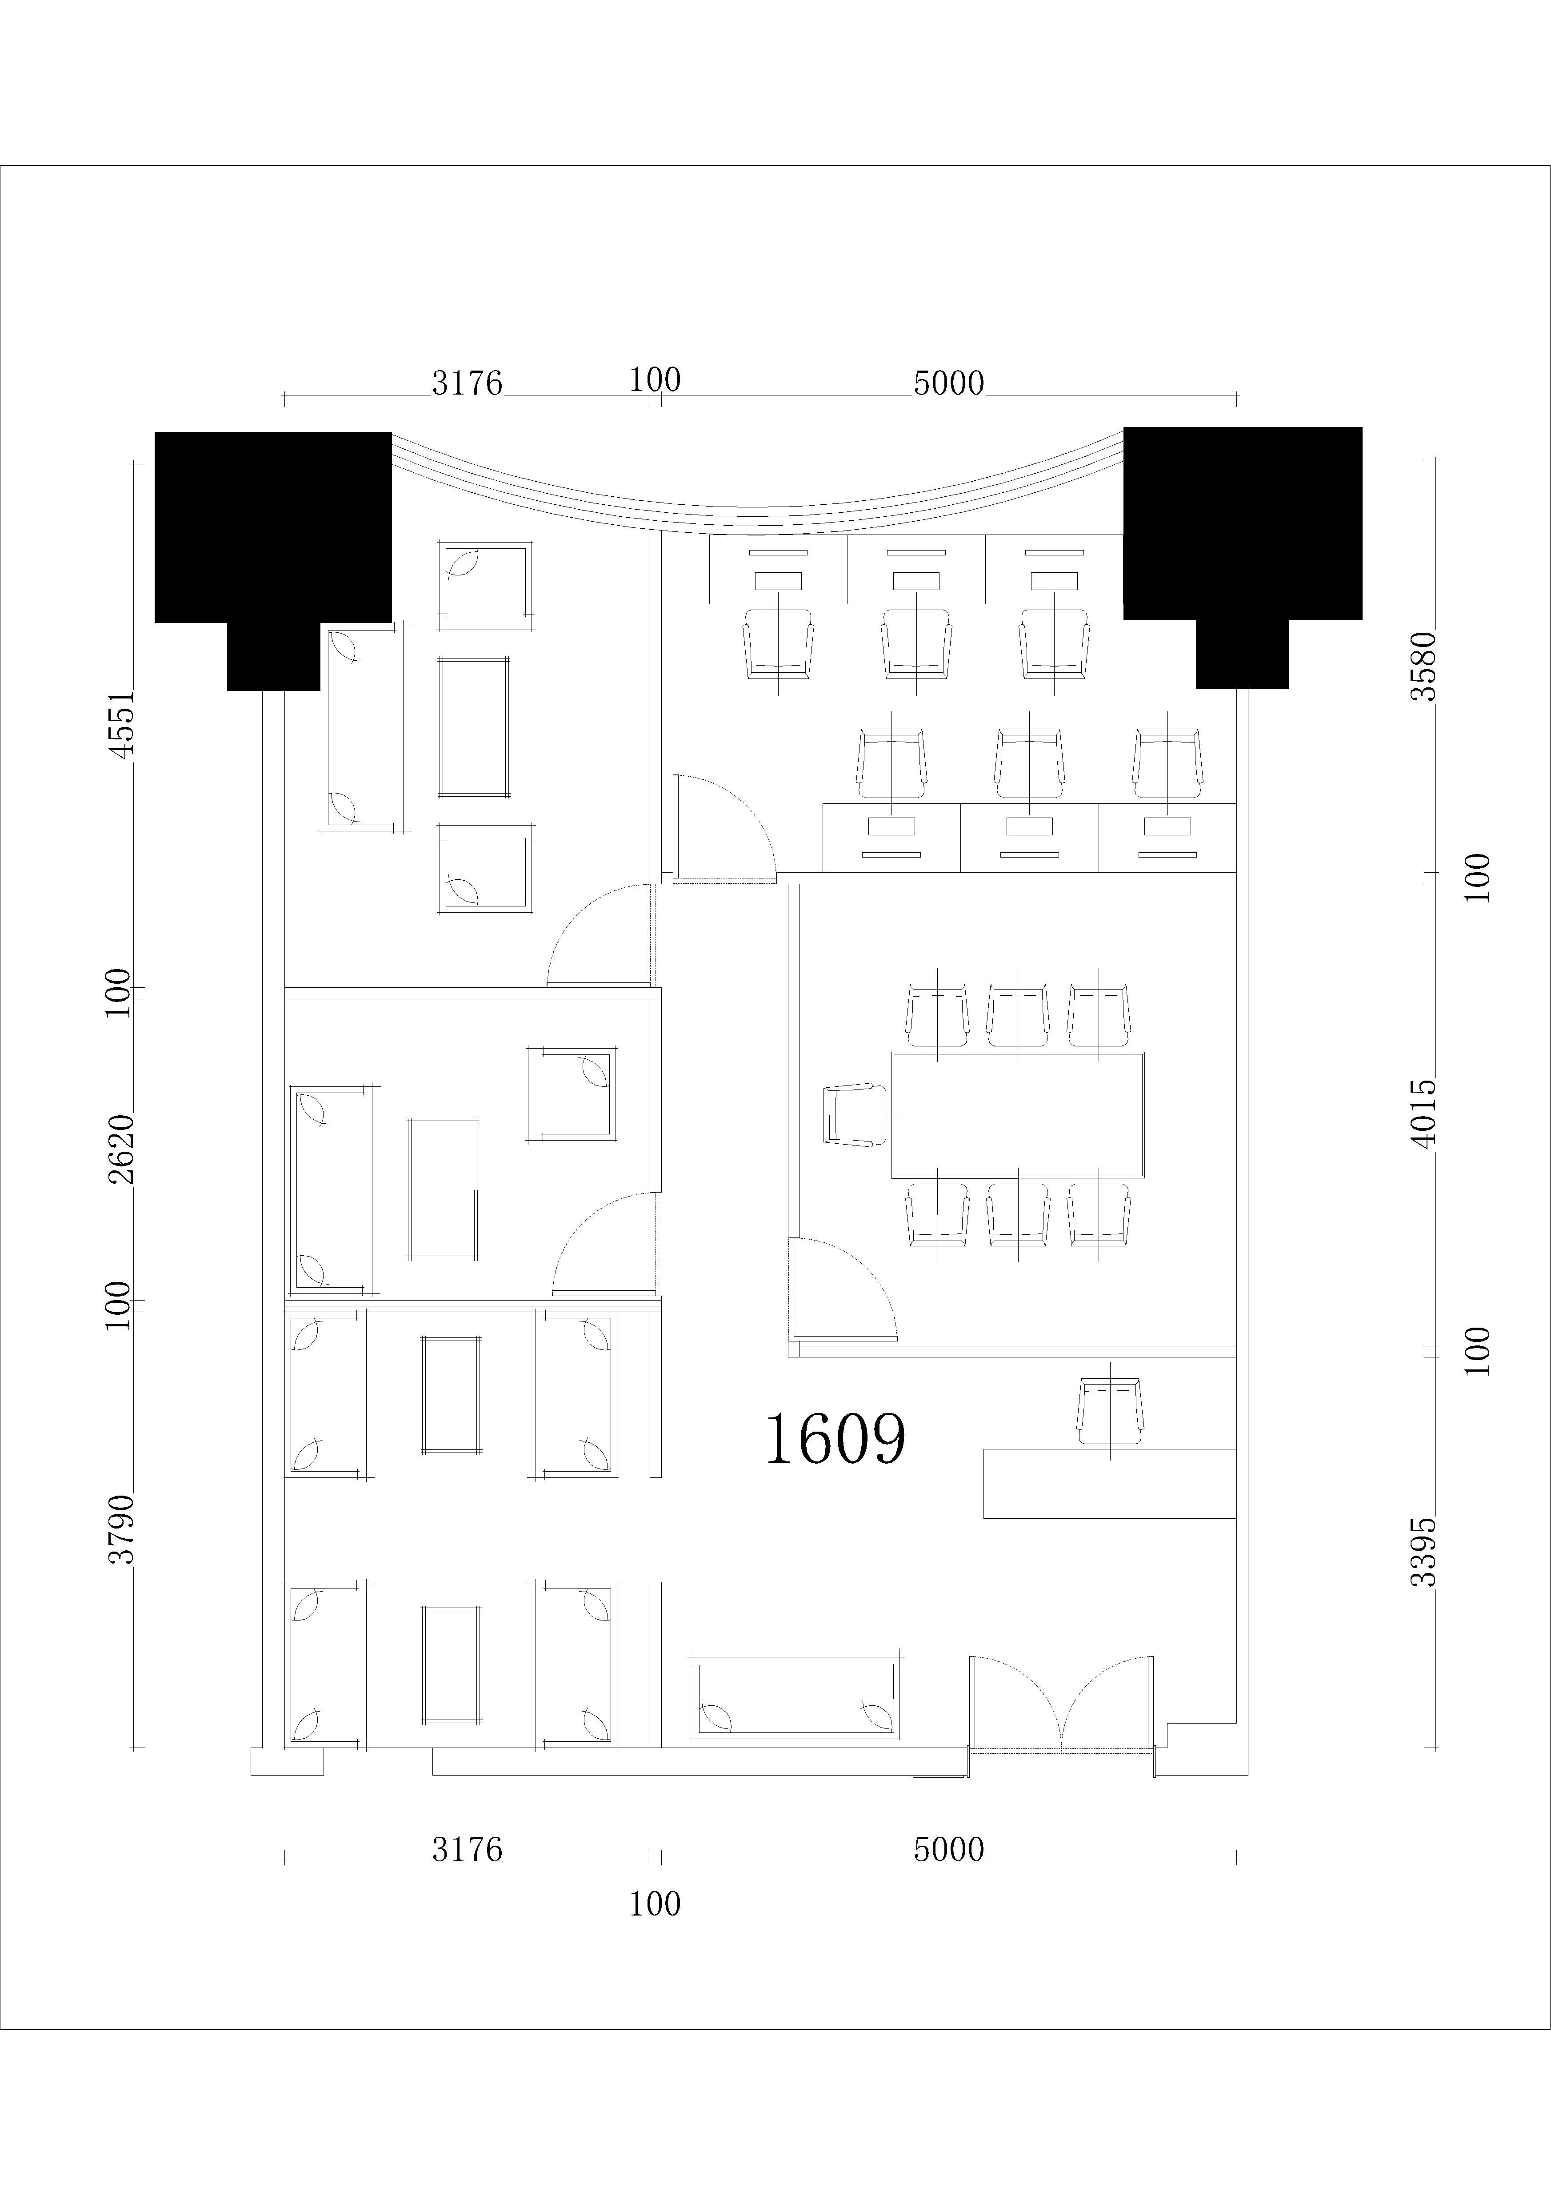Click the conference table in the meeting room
click(1017, 1115)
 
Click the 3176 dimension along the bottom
click(467, 1850)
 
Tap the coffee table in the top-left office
click(474, 726)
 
